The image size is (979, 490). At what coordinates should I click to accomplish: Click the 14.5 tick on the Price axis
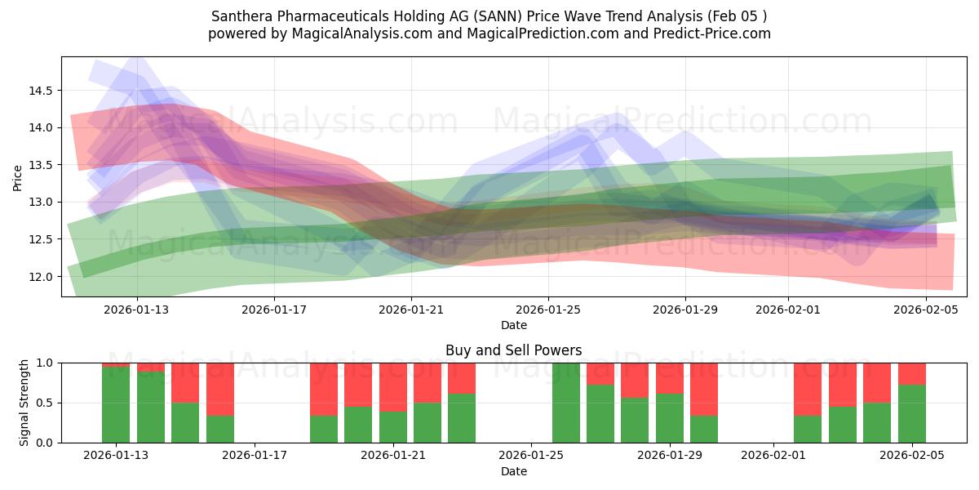pos(41,91)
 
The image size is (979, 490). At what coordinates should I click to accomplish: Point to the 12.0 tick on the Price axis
pos(41,277)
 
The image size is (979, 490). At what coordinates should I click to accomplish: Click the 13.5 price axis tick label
pos(41,165)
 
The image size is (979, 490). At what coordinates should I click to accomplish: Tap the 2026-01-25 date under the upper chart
pos(547,310)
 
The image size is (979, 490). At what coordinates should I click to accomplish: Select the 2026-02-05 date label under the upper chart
pos(926,310)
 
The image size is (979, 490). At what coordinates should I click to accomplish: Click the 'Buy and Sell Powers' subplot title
pos(513,350)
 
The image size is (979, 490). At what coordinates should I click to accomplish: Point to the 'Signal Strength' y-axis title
pos(24,403)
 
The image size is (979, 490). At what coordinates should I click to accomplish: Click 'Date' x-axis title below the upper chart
pos(513,325)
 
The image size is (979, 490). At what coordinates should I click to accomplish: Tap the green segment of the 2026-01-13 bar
pos(116,405)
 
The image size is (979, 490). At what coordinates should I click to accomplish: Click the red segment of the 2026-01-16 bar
pos(220,389)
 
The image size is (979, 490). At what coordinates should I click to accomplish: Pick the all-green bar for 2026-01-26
pos(566,403)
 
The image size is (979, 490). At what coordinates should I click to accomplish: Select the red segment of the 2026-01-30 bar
pos(704,389)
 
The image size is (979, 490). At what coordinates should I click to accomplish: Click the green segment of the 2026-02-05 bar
pos(912,414)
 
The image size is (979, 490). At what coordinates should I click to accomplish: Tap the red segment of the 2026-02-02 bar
pos(808,389)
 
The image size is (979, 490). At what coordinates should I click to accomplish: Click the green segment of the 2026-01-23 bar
pos(462,418)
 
